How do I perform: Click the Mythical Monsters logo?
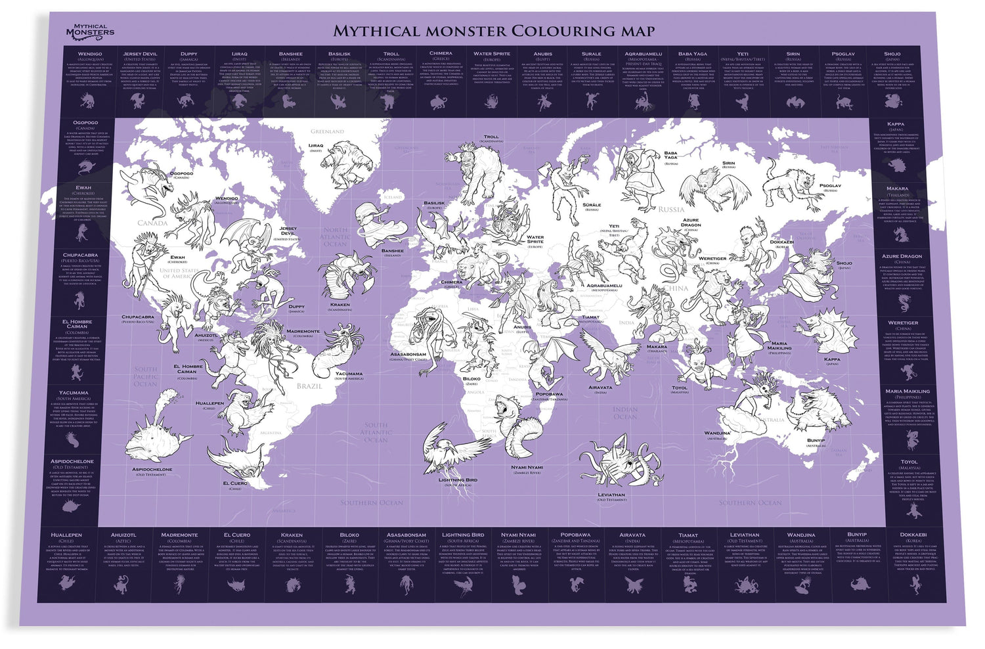90,30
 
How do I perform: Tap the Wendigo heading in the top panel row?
90,54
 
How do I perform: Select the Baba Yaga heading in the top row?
693,54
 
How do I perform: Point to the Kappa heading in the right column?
895,123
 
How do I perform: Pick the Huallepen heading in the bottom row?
66,535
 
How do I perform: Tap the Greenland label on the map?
327,131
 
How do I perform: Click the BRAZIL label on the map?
309,386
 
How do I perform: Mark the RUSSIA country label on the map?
671,210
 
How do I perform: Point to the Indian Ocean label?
624,413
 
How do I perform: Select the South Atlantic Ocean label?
376,432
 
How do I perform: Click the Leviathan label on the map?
611,495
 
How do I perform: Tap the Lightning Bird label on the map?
458,480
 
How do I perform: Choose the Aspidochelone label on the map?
152,470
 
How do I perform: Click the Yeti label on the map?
613,227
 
